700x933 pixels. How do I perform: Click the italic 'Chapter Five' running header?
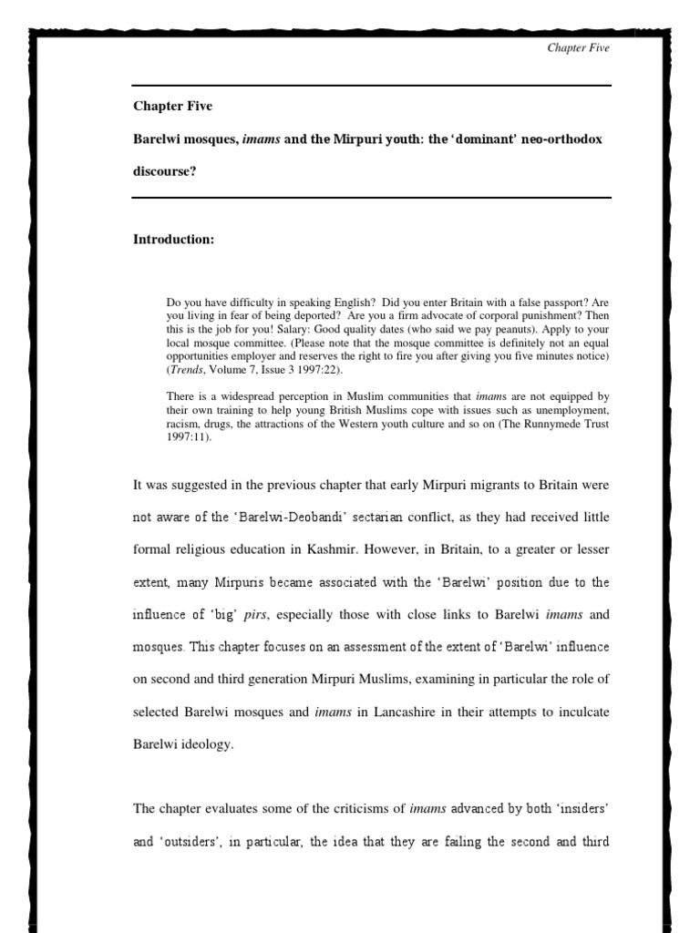tap(578, 48)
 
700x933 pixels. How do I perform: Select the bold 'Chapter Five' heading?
tap(172, 106)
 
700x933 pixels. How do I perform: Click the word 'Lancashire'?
tap(406, 711)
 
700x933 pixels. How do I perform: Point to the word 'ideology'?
tap(206, 743)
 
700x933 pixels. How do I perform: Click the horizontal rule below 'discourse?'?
tap(372, 197)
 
